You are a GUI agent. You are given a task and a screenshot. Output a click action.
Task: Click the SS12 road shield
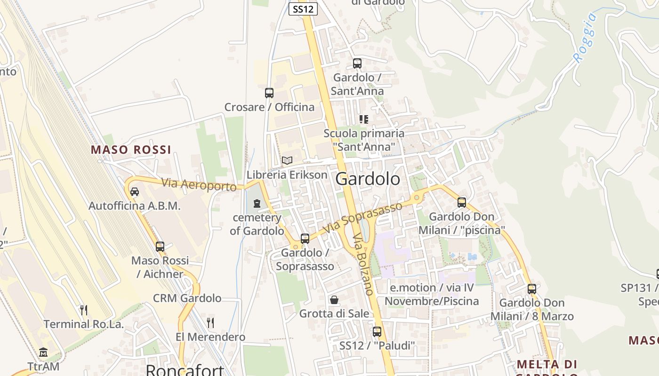click(x=303, y=8)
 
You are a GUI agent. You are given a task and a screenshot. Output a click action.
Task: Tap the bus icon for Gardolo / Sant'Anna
click(x=357, y=63)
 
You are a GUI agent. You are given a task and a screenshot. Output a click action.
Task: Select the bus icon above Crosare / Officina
click(x=269, y=93)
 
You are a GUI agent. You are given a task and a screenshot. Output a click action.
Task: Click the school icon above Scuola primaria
click(x=363, y=119)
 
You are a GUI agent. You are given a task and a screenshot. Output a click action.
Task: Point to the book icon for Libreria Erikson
click(x=287, y=161)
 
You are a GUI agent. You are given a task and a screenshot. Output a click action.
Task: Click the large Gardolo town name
click(x=368, y=179)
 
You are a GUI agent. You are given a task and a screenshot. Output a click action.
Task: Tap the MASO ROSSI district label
click(x=131, y=150)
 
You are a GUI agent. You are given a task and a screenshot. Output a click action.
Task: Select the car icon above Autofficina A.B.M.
click(x=135, y=192)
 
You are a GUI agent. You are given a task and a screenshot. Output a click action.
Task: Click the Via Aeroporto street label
click(x=199, y=185)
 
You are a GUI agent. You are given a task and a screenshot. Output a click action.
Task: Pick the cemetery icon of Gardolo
click(x=257, y=204)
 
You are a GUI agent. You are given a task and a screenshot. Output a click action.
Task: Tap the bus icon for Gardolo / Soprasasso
click(x=305, y=239)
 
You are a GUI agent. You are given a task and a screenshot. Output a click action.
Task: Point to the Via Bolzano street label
click(x=363, y=264)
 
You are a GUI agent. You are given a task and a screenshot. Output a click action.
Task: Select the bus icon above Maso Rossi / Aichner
click(x=160, y=247)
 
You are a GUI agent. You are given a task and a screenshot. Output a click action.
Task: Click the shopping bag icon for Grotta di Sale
click(x=334, y=300)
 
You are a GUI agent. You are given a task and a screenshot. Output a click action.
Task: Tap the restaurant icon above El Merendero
click(x=210, y=322)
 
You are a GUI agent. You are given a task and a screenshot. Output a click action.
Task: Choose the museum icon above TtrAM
click(x=44, y=352)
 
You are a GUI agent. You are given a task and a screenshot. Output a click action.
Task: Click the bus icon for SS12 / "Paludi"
click(x=377, y=332)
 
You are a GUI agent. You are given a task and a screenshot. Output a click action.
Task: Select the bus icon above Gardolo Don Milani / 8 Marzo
click(x=532, y=289)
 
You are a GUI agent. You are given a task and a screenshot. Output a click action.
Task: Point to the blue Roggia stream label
click(x=585, y=38)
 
